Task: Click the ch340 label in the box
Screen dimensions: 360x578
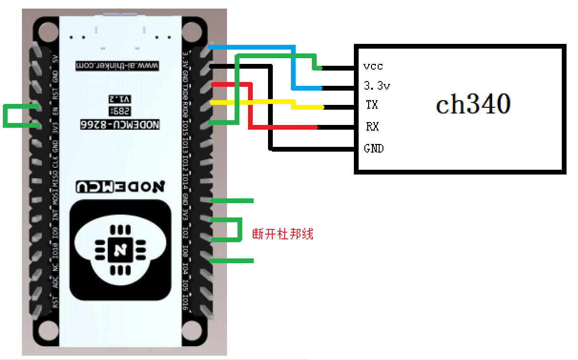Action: (473, 104)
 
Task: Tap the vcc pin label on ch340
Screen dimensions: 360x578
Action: (372, 66)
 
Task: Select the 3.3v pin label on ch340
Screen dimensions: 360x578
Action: (377, 86)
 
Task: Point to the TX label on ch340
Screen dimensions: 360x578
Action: (372, 105)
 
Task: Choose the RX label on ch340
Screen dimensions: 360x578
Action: (372, 127)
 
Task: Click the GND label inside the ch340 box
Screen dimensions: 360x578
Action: (373, 148)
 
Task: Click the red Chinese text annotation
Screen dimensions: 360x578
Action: (282, 234)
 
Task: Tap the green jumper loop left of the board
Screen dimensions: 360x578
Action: (6, 116)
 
